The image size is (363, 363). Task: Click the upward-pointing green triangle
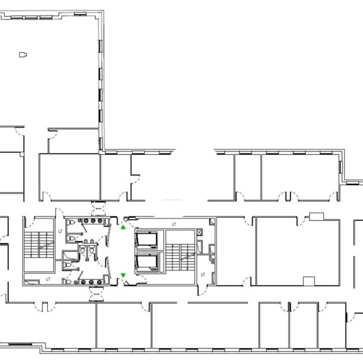click(x=123, y=227)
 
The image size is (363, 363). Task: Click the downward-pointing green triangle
click(x=123, y=275)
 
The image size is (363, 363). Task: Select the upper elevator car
click(x=147, y=240)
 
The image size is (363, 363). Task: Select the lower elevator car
click(x=147, y=263)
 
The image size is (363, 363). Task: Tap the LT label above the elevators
click(x=174, y=224)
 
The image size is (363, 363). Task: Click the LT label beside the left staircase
click(x=60, y=231)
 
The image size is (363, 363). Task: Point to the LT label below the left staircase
click(x=48, y=279)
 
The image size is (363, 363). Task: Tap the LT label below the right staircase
click(x=203, y=275)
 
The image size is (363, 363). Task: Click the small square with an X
click(x=199, y=232)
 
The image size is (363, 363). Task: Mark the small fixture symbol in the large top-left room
click(x=23, y=54)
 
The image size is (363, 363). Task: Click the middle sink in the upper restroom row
click(x=93, y=221)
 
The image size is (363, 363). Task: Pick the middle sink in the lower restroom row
click(x=91, y=282)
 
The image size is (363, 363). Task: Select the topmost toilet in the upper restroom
click(x=71, y=223)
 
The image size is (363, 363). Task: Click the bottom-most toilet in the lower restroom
click(x=67, y=282)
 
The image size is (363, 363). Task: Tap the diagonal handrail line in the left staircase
click(x=46, y=245)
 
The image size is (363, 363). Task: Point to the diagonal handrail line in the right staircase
click(x=188, y=257)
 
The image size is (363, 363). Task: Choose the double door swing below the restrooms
click(x=96, y=294)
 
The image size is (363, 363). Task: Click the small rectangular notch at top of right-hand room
click(x=316, y=216)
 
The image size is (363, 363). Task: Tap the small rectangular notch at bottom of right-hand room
click(x=309, y=281)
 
